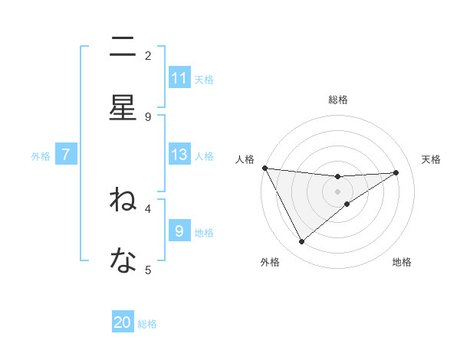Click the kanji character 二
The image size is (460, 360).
pyautogui.click(x=123, y=47)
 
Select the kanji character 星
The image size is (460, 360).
pyautogui.click(x=123, y=108)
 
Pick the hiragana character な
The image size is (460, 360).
pyautogui.click(x=123, y=261)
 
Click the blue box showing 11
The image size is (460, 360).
pyautogui.click(x=179, y=78)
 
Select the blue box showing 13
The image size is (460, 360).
pyautogui.click(x=179, y=155)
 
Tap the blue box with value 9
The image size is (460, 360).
pyautogui.click(x=179, y=231)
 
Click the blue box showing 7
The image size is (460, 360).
pyautogui.click(x=66, y=155)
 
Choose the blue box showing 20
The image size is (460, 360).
pyautogui.click(x=123, y=322)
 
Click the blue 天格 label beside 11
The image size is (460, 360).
pyautogui.click(x=204, y=79)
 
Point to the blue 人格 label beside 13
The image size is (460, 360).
pyautogui.click(x=204, y=155)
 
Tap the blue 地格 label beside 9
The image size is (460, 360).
pyautogui.click(x=204, y=232)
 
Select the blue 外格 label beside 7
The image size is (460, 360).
pyautogui.click(x=41, y=155)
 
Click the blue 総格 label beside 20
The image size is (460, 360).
pyautogui.click(x=147, y=323)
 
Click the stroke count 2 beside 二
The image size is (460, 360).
pyautogui.click(x=148, y=55)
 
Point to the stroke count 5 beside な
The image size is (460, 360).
pyautogui.click(x=148, y=269)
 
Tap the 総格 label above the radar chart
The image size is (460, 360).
pyautogui.click(x=338, y=100)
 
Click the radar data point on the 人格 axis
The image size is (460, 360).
pyautogui.click(x=264, y=168)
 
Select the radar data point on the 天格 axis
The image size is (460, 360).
pyautogui.click(x=396, y=172)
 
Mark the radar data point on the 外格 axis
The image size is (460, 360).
pyautogui.click(x=301, y=242)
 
